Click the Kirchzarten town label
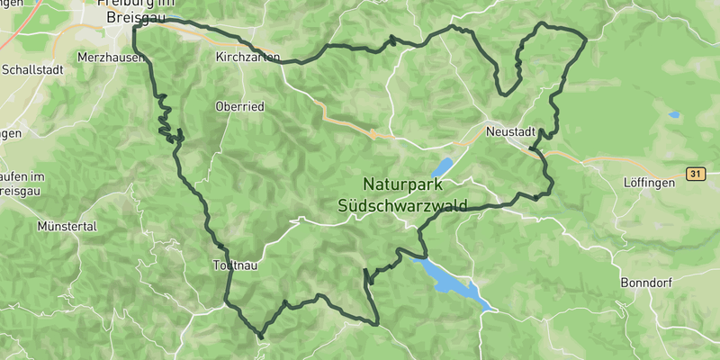[x=243, y=56]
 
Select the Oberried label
[x=239, y=106]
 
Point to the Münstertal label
[x=67, y=227]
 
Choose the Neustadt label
[x=510, y=130]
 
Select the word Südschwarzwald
[x=401, y=205]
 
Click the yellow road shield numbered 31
[x=694, y=173]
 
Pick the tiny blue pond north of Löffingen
[x=674, y=115]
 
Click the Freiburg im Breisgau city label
[x=135, y=11]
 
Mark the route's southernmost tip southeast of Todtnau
[x=261, y=337]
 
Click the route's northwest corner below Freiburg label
[x=134, y=28]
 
